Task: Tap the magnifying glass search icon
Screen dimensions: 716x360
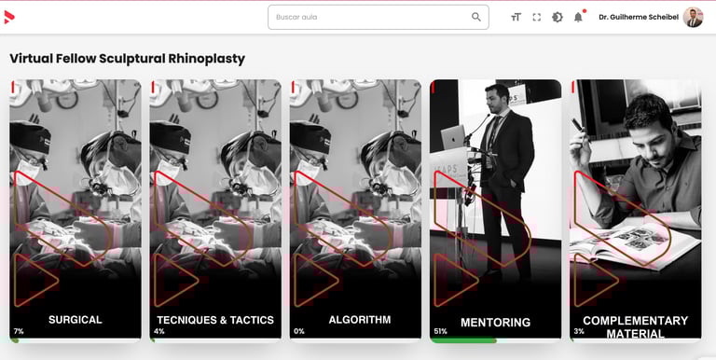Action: point(475,17)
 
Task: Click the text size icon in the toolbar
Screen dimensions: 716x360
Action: point(516,18)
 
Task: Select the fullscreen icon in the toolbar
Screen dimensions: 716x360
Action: point(537,18)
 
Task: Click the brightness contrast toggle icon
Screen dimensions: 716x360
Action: point(558,18)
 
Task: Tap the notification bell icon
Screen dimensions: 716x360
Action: point(578,18)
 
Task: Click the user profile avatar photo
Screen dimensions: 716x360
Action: point(693,18)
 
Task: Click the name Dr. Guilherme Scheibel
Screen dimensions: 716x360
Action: point(639,18)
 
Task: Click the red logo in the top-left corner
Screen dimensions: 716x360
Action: point(9,18)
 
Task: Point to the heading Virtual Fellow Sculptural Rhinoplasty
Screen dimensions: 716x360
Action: point(128,59)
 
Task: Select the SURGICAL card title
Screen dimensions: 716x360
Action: point(76,320)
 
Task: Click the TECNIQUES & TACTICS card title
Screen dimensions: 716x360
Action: point(215,320)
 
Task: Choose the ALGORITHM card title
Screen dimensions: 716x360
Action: point(360,320)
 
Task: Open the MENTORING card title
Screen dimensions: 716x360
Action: point(495,323)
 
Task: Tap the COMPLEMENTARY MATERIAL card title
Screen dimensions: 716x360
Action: point(635,327)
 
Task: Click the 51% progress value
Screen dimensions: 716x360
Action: point(441,331)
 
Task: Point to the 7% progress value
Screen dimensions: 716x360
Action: point(19,331)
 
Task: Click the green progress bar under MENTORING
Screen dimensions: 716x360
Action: point(463,340)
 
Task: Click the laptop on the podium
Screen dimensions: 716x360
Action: point(453,136)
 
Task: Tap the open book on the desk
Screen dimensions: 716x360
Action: point(635,244)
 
